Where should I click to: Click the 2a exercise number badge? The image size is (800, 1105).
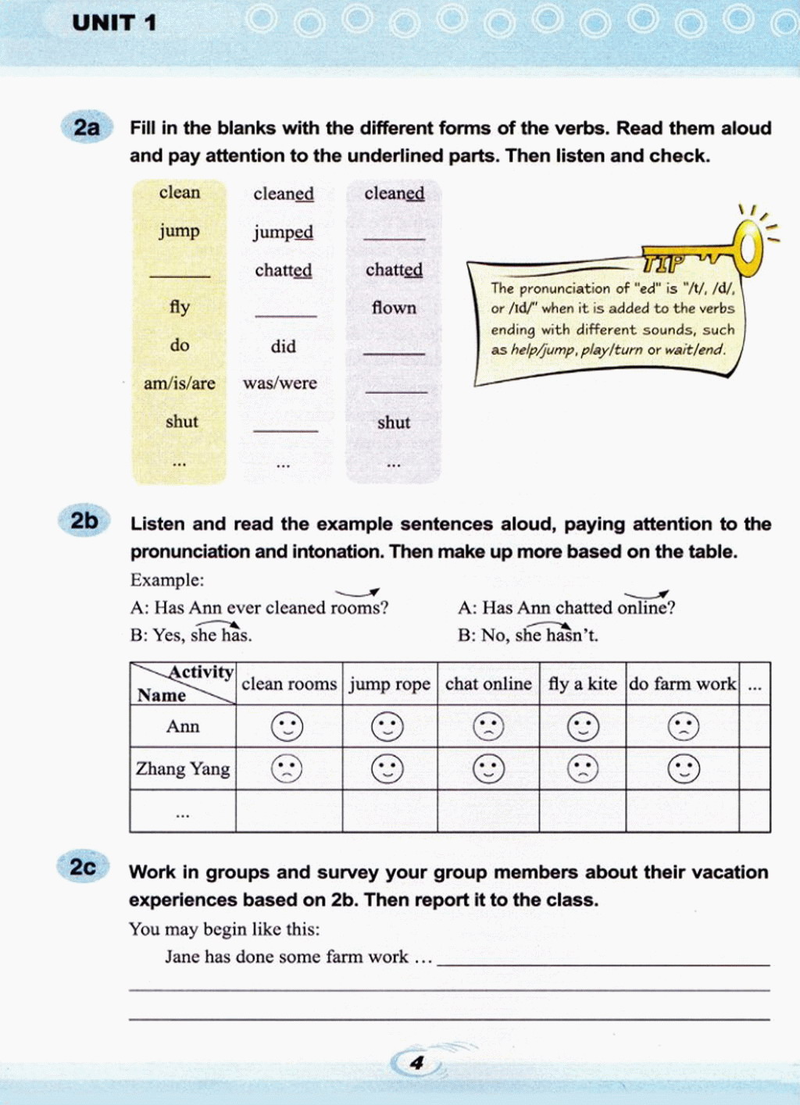click(x=86, y=127)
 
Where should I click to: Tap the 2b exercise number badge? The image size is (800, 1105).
click(x=84, y=521)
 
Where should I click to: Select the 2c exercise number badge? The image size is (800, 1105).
click(x=83, y=868)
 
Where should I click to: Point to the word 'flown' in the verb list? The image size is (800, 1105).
click(x=394, y=308)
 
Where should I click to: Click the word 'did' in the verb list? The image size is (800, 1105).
click(x=283, y=346)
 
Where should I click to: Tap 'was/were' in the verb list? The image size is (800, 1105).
click(x=280, y=383)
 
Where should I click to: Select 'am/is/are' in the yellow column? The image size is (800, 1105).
click(x=179, y=383)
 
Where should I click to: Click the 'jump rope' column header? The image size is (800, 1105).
click(x=389, y=684)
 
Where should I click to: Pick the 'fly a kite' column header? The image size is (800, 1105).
click(x=582, y=684)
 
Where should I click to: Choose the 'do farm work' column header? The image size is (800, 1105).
click(x=682, y=684)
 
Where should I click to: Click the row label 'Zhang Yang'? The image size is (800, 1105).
click(x=183, y=768)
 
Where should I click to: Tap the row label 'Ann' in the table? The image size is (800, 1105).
click(x=183, y=726)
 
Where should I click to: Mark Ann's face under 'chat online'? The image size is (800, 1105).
click(x=488, y=726)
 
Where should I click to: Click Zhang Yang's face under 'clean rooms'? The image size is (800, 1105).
click(x=287, y=768)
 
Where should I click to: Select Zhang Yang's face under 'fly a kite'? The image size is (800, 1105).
click(x=582, y=768)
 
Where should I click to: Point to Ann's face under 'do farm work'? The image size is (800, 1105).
click(x=684, y=726)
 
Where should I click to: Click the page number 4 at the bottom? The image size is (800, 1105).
click(x=417, y=1063)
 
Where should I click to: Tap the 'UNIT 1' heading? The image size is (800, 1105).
click(x=114, y=23)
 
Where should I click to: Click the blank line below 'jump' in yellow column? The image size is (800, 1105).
click(x=180, y=273)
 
